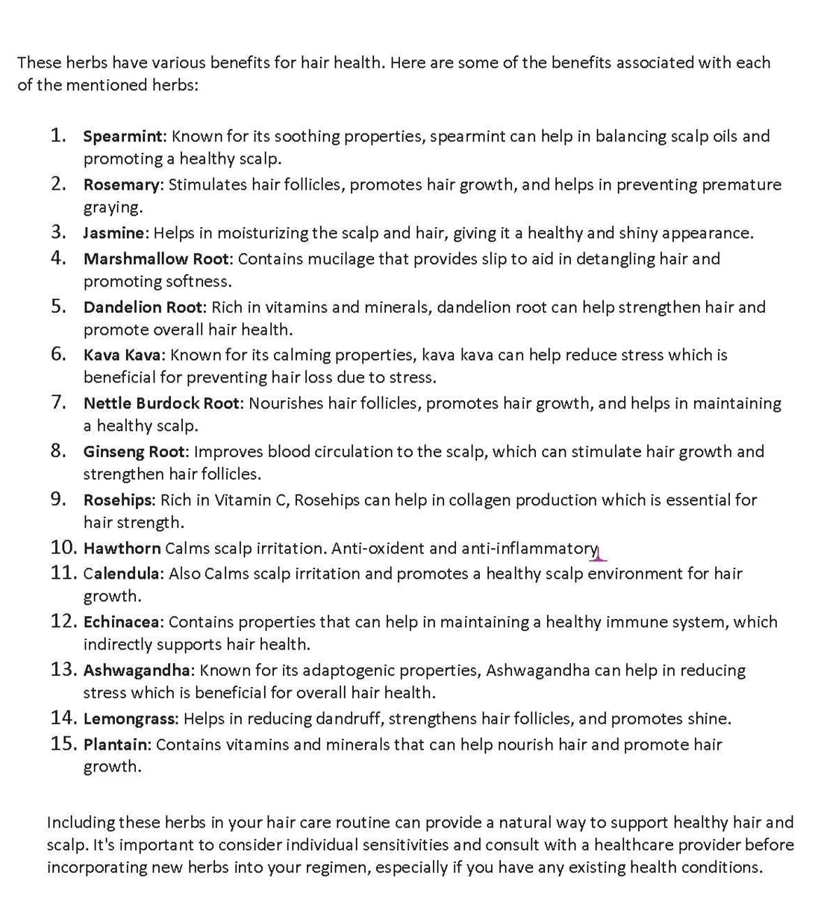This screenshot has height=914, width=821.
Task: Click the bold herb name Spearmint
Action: point(123,137)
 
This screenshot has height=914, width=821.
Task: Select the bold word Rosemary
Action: point(122,185)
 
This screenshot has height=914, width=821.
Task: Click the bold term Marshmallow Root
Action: point(158,259)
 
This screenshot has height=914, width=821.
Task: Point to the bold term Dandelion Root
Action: point(143,307)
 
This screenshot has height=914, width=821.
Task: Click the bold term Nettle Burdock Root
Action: point(162,403)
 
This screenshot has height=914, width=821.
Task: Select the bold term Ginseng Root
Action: point(134,452)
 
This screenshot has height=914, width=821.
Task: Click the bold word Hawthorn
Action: point(122,548)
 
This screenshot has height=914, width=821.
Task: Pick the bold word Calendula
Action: point(121,573)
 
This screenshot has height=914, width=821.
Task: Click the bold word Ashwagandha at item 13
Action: point(138,671)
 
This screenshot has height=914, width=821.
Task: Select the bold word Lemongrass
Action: point(130,719)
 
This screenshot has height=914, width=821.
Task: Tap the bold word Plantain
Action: point(116,744)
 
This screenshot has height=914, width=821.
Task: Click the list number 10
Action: point(63,547)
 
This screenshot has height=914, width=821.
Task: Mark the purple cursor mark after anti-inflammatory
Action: point(599,554)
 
